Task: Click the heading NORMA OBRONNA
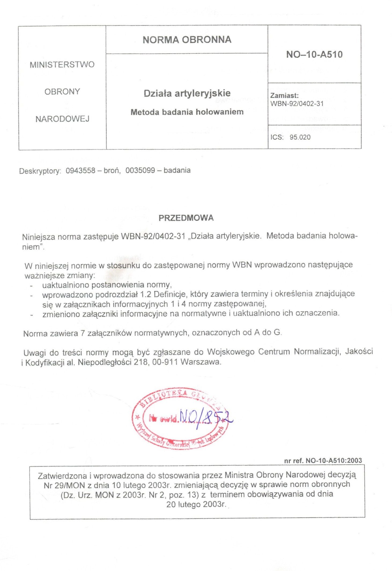pos(187,40)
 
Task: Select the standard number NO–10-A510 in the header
pos(314,54)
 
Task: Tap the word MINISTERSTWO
pos(62,65)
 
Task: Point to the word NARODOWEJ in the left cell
pos(62,119)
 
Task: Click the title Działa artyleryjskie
pos(187,93)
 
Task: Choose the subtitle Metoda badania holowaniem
pos(187,112)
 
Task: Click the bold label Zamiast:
pos(284,95)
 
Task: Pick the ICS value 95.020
pos(300,137)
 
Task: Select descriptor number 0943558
pos(80,170)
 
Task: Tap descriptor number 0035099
pos(140,170)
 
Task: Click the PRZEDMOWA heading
pos(186,218)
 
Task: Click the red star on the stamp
pos(137,417)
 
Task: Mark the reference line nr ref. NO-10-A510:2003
pos(323,461)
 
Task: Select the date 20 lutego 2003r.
pos(196,504)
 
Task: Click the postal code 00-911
pos(165,362)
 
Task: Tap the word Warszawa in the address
pos(201,362)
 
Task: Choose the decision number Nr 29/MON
pos(64,485)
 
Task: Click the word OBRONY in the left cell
pos(62,92)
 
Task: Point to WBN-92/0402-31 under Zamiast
pos(297,103)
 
